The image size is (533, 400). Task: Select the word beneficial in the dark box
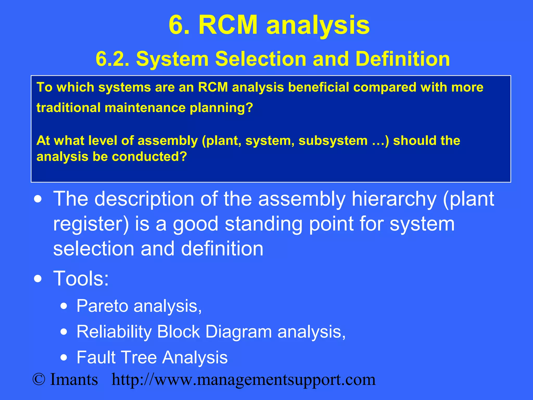point(318,87)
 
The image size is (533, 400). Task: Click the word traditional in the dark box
point(68,108)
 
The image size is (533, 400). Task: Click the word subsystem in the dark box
point(333,141)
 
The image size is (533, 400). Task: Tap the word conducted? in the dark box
point(149,157)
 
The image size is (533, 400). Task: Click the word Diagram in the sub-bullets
point(238,332)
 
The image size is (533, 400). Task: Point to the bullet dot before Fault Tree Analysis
point(64,358)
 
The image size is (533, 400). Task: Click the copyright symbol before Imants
point(39,379)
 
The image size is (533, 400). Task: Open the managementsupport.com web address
point(244,380)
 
